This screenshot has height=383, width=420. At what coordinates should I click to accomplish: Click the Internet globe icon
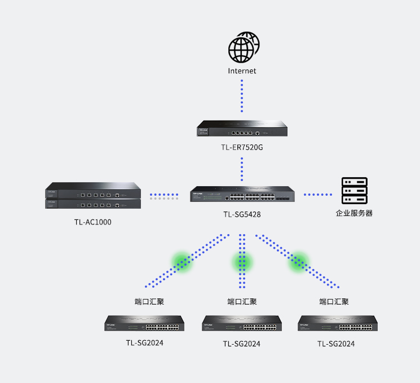pyautogui.click(x=243, y=47)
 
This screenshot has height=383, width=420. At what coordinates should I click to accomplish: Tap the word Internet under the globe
pyautogui.click(x=242, y=71)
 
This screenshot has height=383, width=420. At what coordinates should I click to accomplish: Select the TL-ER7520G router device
pyautogui.click(x=242, y=129)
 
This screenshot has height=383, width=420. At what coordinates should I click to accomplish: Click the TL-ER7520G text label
pyautogui.click(x=242, y=147)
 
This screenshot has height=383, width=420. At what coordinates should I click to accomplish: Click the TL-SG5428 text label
pyautogui.click(x=242, y=214)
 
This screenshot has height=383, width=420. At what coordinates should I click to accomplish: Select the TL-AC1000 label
pyautogui.click(x=92, y=222)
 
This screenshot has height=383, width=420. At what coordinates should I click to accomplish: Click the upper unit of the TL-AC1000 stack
pyautogui.click(x=93, y=191)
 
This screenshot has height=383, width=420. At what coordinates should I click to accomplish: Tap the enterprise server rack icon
pyautogui.click(x=354, y=191)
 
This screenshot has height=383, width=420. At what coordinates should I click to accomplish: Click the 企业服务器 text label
pyautogui.click(x=354, y=213)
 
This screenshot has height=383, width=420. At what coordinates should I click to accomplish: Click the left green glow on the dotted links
pyautogui.click(x=182, y=261)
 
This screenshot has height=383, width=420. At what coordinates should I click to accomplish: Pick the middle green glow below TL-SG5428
pyautogui.click(x=242, y=262)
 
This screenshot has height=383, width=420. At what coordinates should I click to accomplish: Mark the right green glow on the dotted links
pyautogui.click(x=299, y=261)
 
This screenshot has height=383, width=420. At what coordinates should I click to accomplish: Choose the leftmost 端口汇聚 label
pyautogui.click(x=149, y=302)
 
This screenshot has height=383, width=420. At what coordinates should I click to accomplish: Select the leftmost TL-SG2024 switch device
pyautogui.click(x=145, y=324)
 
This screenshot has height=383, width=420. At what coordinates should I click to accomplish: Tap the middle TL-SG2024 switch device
pyautogui.click(x=242, y=324)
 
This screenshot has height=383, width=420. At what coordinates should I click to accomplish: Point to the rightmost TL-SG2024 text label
pyautogui.click(x=336, y=344)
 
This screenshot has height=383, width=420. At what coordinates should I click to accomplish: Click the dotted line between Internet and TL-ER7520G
pyautogui.click(x=242, y=96)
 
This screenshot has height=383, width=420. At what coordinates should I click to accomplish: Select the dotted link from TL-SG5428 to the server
pyautogui.click(x=318, y=195)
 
